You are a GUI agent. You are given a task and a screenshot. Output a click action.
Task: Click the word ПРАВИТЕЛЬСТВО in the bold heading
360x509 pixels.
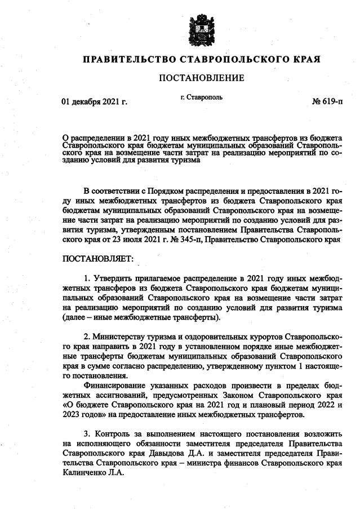pos(125,59)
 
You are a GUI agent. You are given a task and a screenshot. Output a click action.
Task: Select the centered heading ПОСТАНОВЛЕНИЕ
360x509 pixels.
pos(202,78)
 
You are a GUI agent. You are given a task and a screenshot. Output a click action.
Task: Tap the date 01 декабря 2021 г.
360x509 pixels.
pos(94,102)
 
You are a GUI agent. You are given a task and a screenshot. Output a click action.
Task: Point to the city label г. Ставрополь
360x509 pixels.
pos(202,96)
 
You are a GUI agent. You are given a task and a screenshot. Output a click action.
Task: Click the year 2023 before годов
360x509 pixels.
pos(71,415)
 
